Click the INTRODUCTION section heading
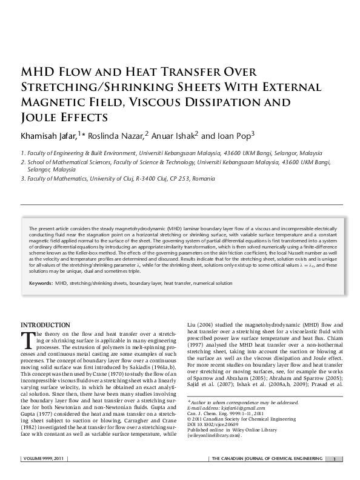(x=45, y=325)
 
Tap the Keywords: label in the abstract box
(x=40, y=282)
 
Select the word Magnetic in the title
(x=59, y=102)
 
